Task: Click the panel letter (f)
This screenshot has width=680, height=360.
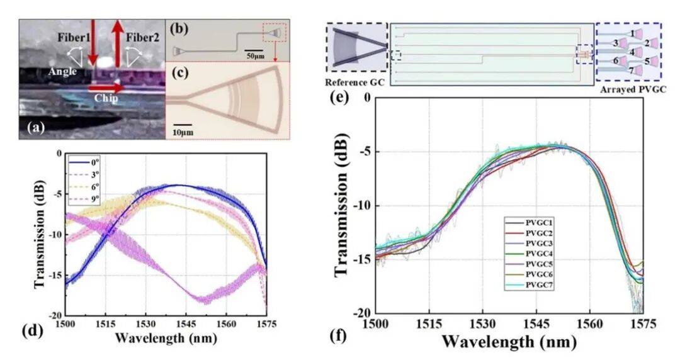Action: click(x=337, y=336)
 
